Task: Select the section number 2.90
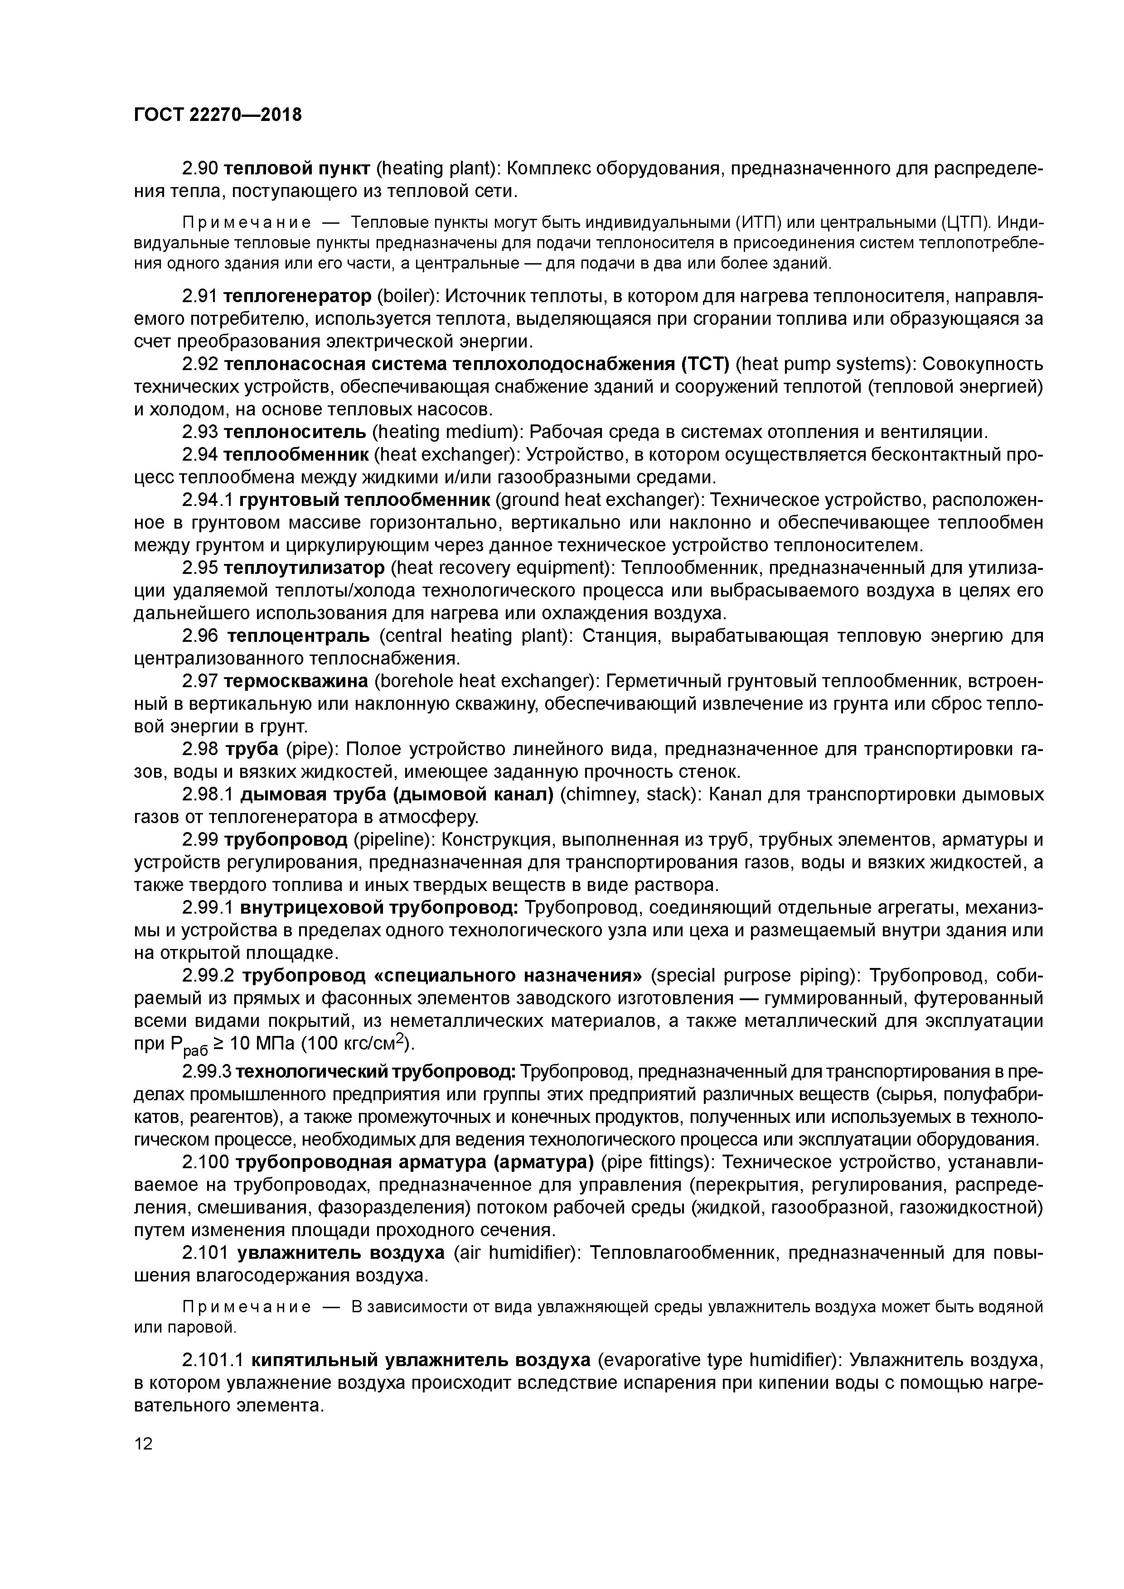coord(200,168)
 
